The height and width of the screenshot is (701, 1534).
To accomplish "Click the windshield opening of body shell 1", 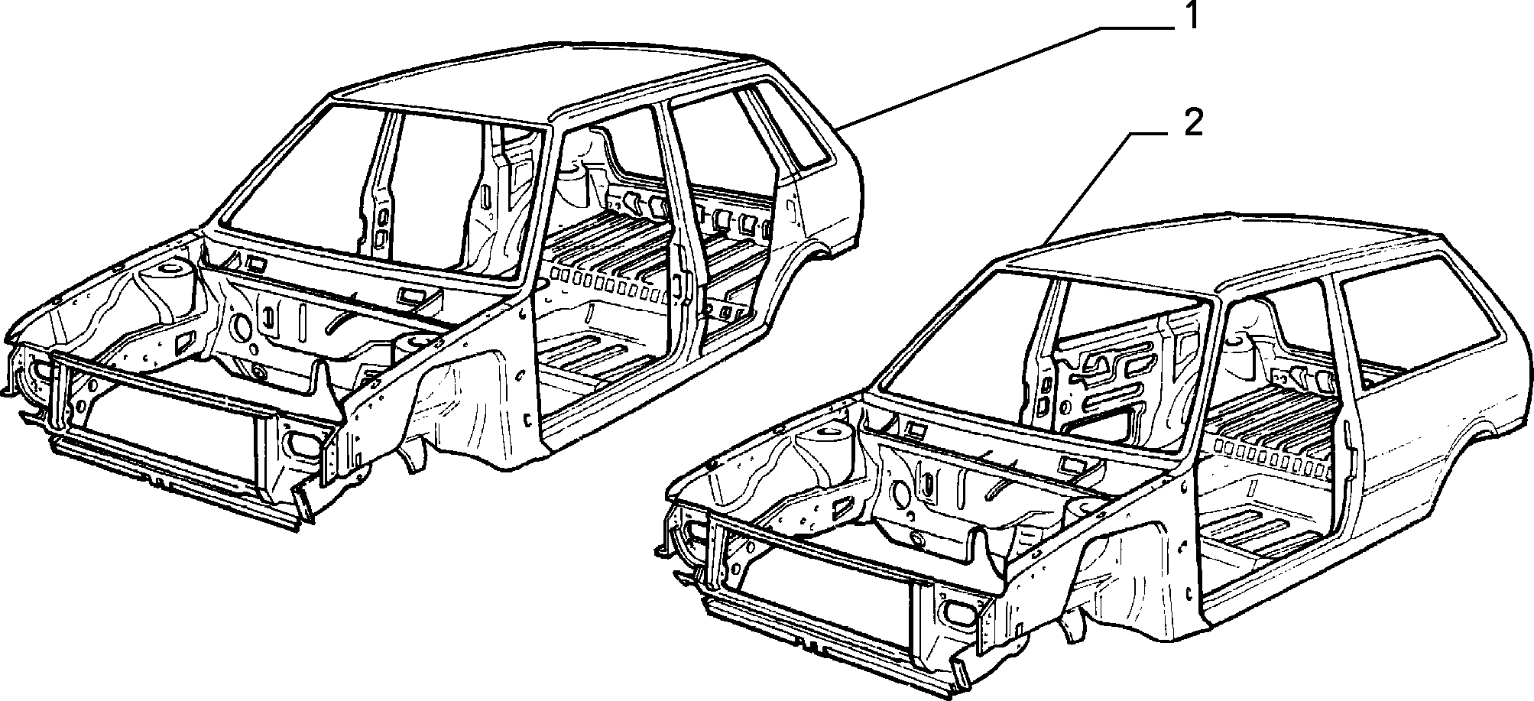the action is pyautogui.click(x=382, y=195).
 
